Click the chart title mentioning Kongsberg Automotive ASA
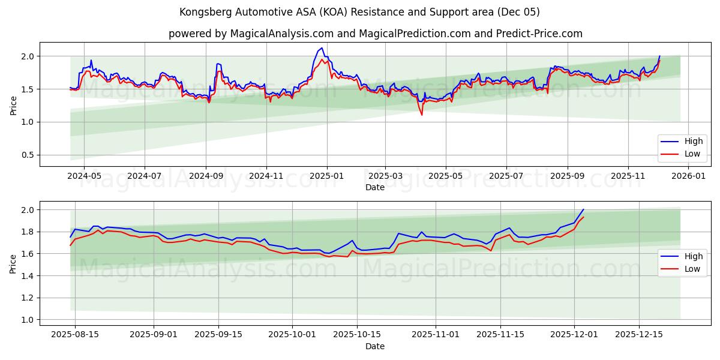[x=359, y=12]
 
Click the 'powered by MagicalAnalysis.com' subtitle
[x=375, y=34]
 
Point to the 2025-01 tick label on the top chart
[x=327, y=176]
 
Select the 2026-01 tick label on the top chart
[x=689, y=176]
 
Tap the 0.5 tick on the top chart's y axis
[x=28, y=155]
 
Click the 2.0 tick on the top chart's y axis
[x=28, y=56]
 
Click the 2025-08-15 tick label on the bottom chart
[x=75, y=335]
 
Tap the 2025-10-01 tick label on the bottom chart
[x=292, y=335]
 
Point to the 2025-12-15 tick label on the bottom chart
[x=639, y=335]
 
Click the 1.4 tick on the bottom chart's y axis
[x=28, y=276]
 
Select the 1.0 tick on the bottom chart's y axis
[x=28, y=320]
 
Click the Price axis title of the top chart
[x=13, y=105]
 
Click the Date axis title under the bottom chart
[x=375, y=346]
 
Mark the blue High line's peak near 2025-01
[x=322, y=48]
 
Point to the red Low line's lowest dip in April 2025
[x=421, y=115]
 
